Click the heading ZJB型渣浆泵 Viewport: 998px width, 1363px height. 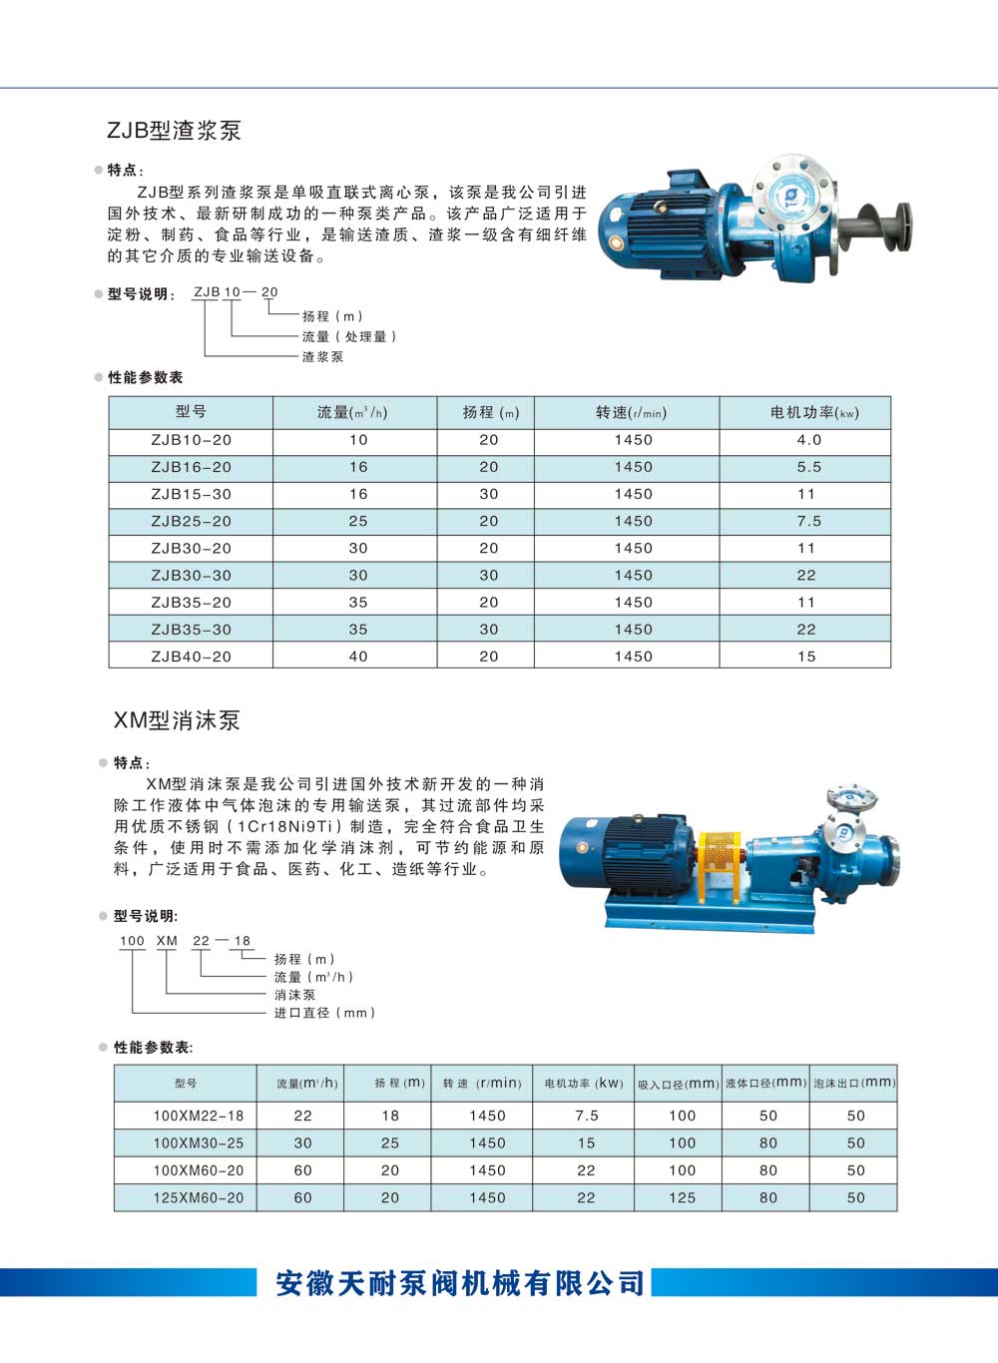point(174,130)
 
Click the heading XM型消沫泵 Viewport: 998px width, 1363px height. point(177,719)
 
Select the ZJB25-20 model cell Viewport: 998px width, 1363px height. point(191,521)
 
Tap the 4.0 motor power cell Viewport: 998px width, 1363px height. point(808,440)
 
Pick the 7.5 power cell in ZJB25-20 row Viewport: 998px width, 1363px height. point(808,521)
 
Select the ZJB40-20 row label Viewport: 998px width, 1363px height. point(191,657)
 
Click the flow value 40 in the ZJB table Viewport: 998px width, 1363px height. point(358,657)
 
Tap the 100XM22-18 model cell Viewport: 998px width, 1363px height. point(198,1116)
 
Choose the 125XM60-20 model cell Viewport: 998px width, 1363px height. point(198,1197)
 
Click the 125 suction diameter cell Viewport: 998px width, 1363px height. point(683,1197)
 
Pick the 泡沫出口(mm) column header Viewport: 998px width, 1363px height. point(854,1083)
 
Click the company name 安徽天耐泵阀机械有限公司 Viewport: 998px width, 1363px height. point(460,1283)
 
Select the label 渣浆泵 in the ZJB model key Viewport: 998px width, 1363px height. point(322,356)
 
